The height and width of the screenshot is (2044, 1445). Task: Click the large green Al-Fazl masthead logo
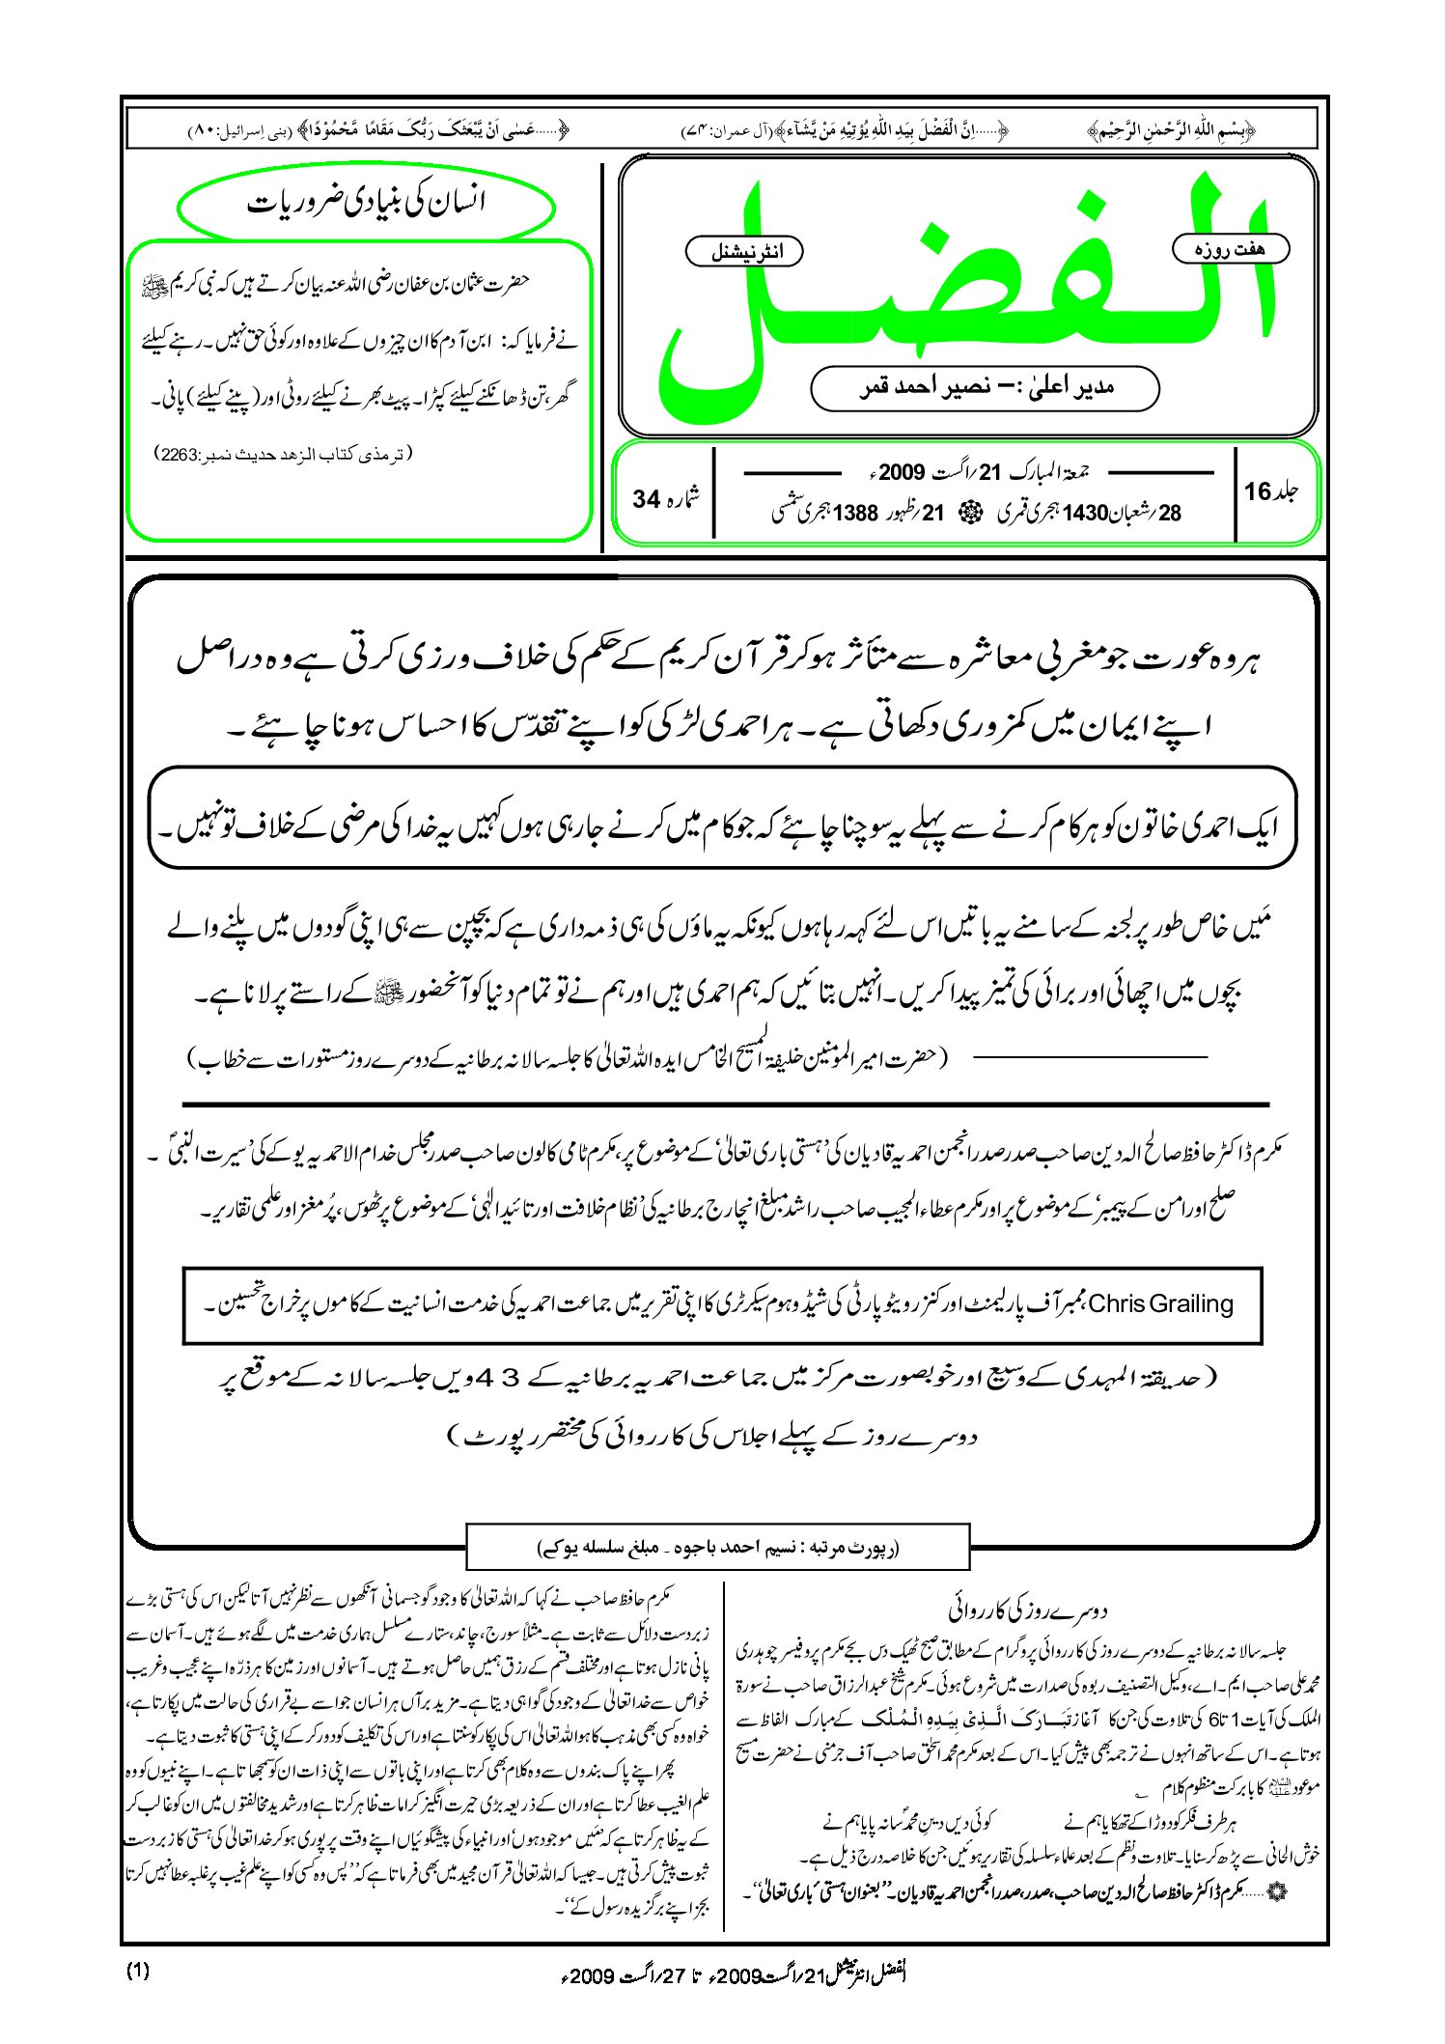965,290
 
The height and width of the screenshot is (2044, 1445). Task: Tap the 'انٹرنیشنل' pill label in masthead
743,252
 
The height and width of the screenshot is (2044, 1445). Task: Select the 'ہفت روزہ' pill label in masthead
1230,249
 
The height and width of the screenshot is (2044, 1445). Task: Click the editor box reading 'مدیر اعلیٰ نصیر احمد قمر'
985,388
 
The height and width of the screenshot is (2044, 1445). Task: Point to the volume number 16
1258,492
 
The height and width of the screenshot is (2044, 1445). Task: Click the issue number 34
646,499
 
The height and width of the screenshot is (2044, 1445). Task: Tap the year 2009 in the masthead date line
902,472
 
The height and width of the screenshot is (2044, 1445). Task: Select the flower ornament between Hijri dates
966,514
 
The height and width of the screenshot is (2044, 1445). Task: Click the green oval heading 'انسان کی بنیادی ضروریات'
367,204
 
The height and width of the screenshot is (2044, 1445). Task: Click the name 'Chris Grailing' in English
1162,1304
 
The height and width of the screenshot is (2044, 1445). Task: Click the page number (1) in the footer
138,1972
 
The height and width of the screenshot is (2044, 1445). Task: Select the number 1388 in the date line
855,514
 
